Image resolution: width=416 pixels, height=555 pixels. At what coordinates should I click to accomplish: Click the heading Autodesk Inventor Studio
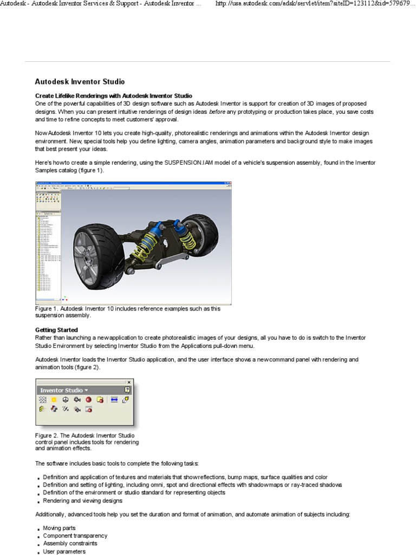click(80, 82)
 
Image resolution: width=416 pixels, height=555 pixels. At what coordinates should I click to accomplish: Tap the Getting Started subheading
click(56, 330)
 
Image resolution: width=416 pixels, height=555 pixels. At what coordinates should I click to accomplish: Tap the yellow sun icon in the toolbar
click(54, 400)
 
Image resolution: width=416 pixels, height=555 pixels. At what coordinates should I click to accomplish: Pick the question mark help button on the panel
click(127, 390)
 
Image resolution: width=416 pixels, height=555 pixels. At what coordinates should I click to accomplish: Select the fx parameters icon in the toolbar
click(66, 410)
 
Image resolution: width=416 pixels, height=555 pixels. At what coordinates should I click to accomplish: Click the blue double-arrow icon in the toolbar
click(114, 400)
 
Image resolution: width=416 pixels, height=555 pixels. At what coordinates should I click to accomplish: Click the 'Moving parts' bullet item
click(59, 527)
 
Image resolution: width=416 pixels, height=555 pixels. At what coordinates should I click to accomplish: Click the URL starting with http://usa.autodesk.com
click(314, 4)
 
